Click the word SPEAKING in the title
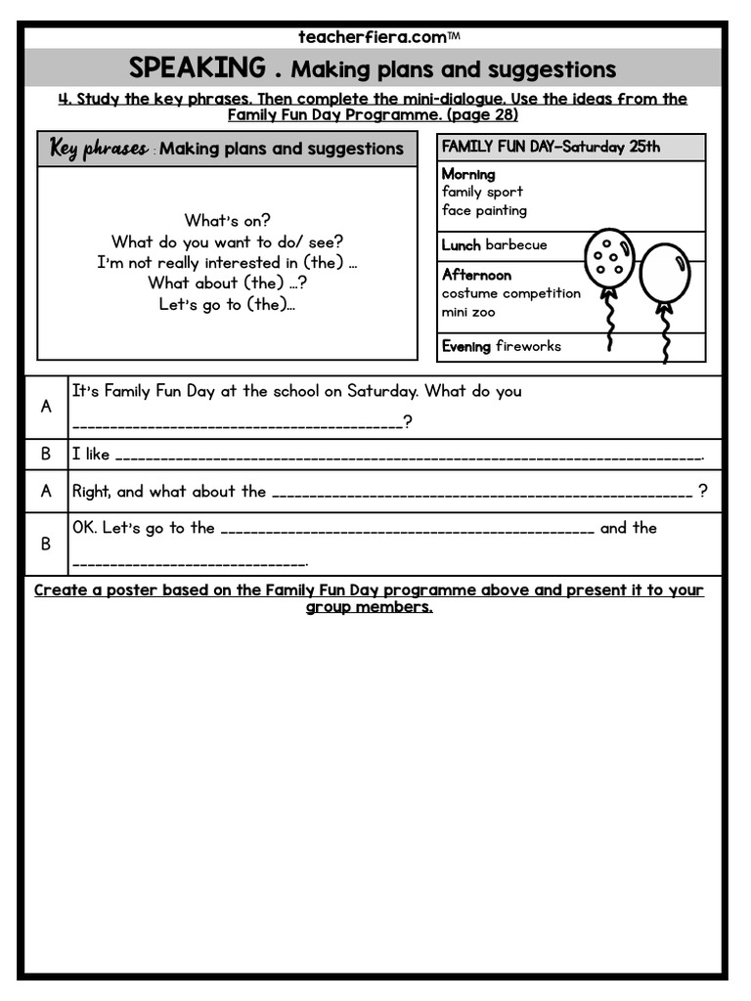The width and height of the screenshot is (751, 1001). tap(197, 68)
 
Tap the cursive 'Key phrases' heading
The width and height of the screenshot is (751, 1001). tap(99, 149)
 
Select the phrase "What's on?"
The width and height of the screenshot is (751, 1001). tap(227, 221)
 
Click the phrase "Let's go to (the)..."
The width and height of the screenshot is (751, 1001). tap(227, 304)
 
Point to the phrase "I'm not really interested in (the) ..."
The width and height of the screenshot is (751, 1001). tap(227, 262)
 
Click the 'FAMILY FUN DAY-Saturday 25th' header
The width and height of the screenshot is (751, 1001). tap(551, 147)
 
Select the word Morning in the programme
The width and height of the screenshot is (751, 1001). tap(468, 174)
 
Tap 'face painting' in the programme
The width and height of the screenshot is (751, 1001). tap(484, 210)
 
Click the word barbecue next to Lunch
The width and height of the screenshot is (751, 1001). tap(516, 244)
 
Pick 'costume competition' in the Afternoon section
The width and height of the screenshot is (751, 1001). tap(510, 293)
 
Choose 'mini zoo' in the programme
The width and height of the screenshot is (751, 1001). tap(468, 313)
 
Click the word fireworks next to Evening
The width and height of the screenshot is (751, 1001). tap(528, 346)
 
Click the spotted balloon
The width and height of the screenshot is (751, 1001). tap(609, 258)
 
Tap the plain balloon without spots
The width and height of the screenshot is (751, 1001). tap(665, 272)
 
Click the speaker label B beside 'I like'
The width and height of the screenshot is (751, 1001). tap(46, 454)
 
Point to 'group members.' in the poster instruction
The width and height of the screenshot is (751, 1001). tap(369, 607)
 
